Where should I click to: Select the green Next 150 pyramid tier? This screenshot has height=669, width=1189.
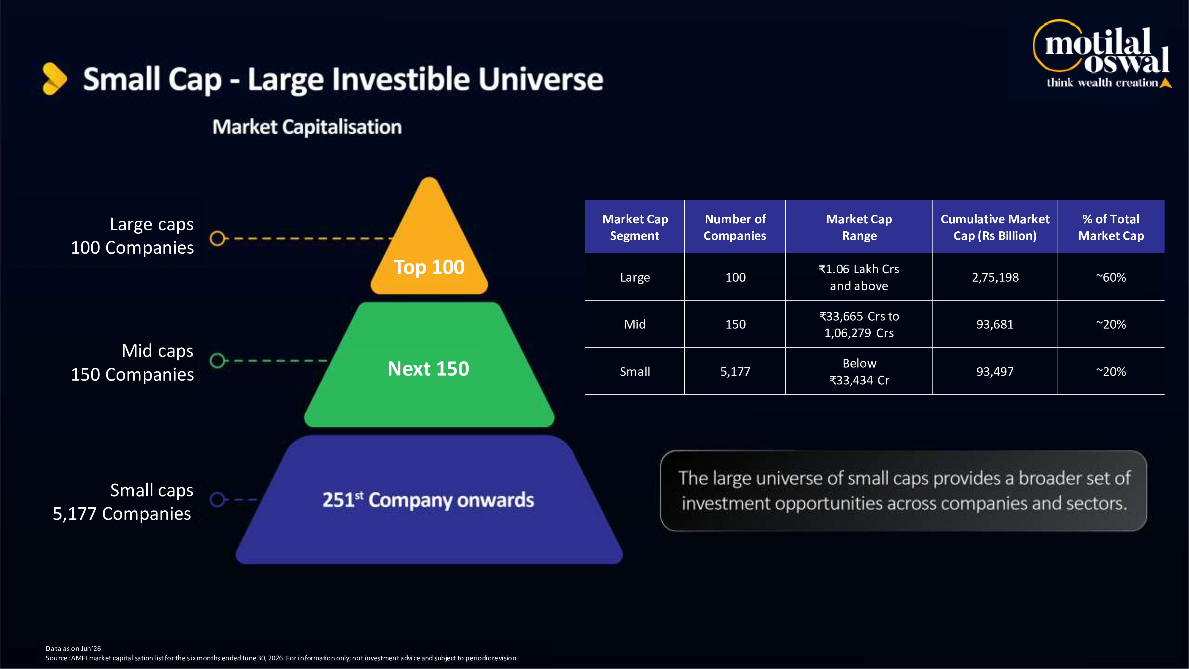pyautogui.click(x=429, y=365)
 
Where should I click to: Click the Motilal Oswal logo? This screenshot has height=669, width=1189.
pyautogui.click(x=1102, y=54)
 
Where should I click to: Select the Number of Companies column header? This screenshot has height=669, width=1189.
pyautogui.click(x=735, y=227)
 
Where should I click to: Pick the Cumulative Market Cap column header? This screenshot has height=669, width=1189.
pyautogui.click(x=995, y=227)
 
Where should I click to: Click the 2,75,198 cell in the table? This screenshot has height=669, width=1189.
pyautogui.click(x=995, y=277)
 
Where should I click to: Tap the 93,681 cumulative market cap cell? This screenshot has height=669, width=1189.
pyautogui.click(x=995, y=325)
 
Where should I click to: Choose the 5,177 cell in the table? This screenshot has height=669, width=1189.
pyautogui.click(x=735, y=372)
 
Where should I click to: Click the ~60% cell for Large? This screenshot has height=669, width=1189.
pyautogui.click(x=1111, y=277)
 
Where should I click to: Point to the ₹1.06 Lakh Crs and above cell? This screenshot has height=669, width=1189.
pyautogui.click(x=859, y=277)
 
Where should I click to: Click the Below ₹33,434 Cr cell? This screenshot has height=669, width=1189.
pyautogui.click(x=859, y=372)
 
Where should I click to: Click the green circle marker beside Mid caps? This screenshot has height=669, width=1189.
pyautogui.click(x=217, y=361)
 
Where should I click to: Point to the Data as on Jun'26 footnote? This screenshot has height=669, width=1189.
pyautogui.click(x=73, y=649)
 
